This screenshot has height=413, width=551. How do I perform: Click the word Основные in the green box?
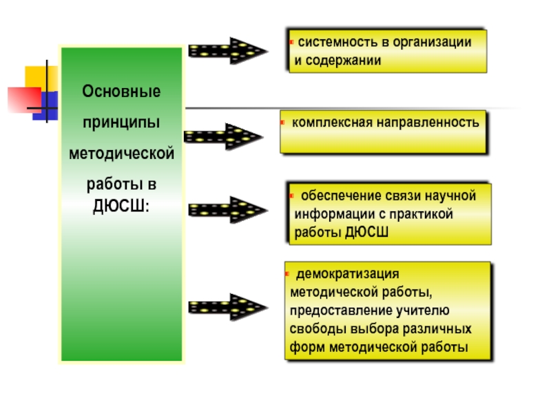pyautogui.click(x=121, y=91)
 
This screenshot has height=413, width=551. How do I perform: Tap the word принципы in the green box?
pyautogui.click(x=121, y=122)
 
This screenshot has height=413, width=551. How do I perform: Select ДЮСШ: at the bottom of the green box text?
pyautogui.click(x=121, y=206)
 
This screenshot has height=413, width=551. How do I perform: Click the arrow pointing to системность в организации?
pyautogui.click(x=227, y=51)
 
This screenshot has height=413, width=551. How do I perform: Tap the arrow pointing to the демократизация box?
pyautogui.click(x=227, y=307)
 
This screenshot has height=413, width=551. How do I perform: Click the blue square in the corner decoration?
pyautogui.click(x=45, y=106)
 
